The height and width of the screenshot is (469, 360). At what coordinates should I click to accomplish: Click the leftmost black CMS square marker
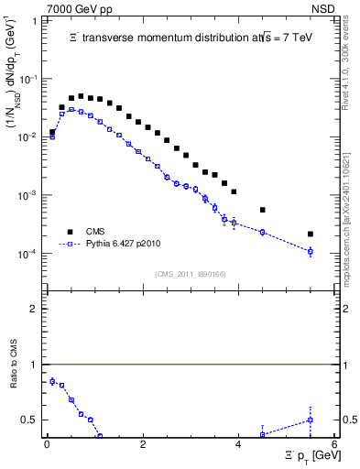[52, 132]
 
